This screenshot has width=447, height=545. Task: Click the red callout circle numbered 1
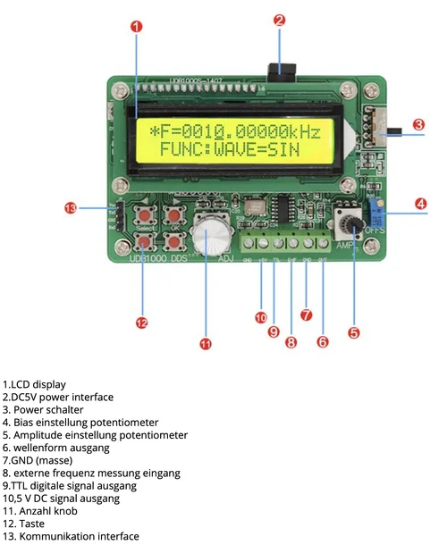137,26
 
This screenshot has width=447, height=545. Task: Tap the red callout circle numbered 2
279,19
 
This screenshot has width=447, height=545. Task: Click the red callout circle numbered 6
323,340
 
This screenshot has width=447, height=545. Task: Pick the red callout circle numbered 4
421,204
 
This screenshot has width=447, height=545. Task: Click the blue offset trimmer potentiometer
377,217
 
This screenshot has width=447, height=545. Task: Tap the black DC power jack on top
286,71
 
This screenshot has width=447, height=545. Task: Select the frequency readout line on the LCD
234,131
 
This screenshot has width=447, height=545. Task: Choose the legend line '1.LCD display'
34,385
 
